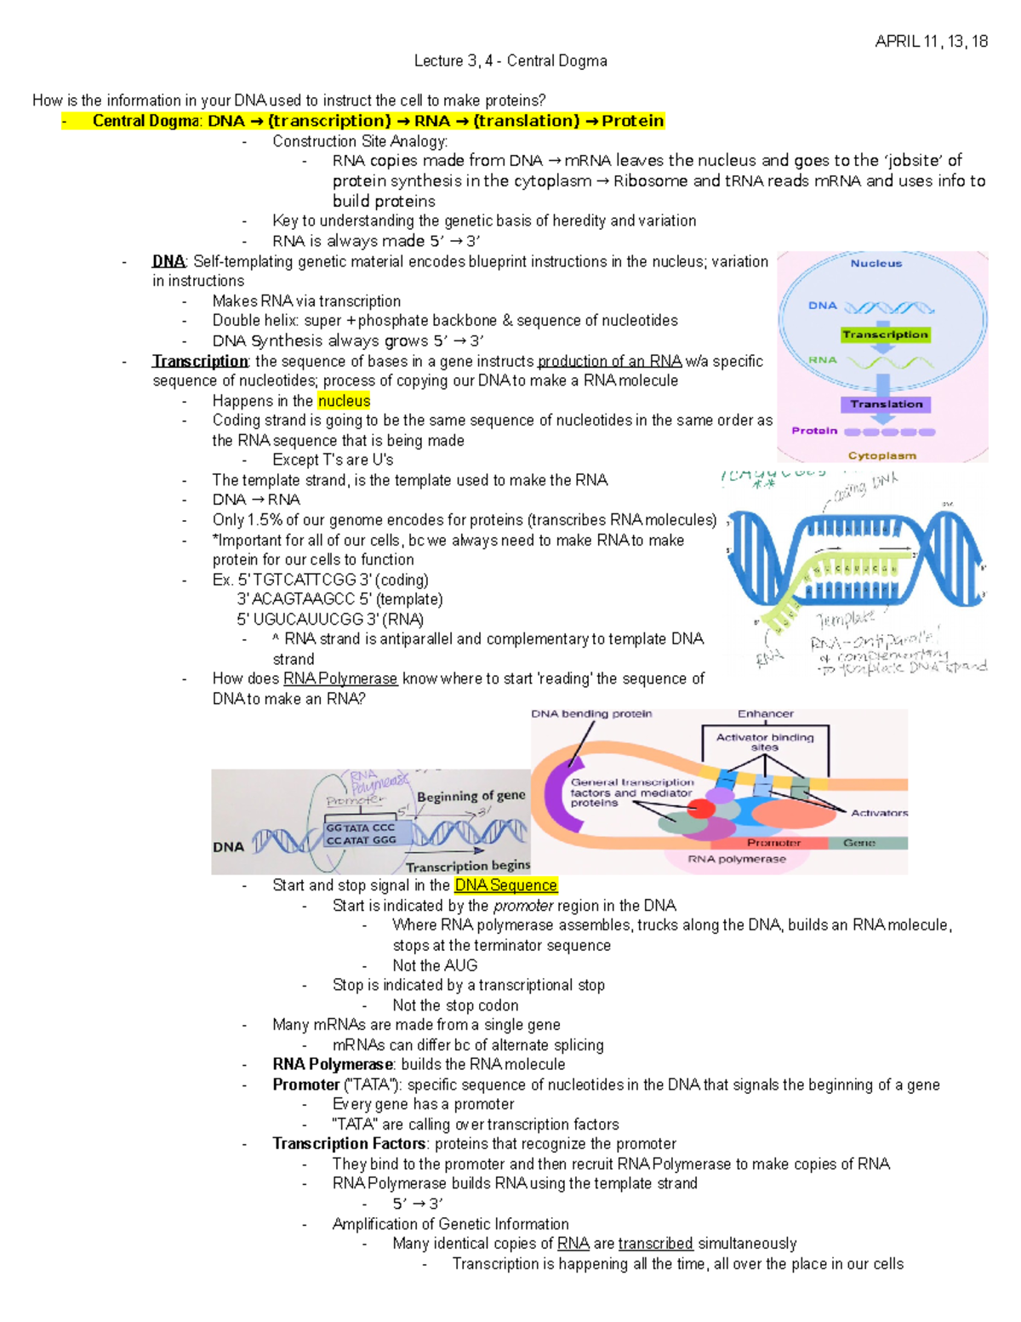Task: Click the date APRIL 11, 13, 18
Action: point(931,42)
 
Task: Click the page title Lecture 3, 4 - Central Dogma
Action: point(510,60)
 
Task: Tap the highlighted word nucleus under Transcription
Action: point(344,401)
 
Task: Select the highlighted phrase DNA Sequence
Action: point(505,885)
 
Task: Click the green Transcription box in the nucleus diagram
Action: point(885,335)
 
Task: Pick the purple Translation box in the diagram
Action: point(886,404)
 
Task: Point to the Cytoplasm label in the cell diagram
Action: point(881,455)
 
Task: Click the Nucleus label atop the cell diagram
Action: point(876,264)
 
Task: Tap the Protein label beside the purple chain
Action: point(814,431)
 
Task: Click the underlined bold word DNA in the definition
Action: point(168,261)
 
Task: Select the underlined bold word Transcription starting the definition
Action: point(200,361)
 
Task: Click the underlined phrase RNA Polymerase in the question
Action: point(340,678)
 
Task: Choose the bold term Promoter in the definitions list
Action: point(305,1084)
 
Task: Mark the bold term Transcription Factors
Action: point(349,1143)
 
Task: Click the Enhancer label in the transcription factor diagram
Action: point(765,714)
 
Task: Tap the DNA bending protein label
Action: point(591,714)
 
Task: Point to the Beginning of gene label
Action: point(471,796)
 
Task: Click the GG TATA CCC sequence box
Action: point(361,827)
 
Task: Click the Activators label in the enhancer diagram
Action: point(879,813)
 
